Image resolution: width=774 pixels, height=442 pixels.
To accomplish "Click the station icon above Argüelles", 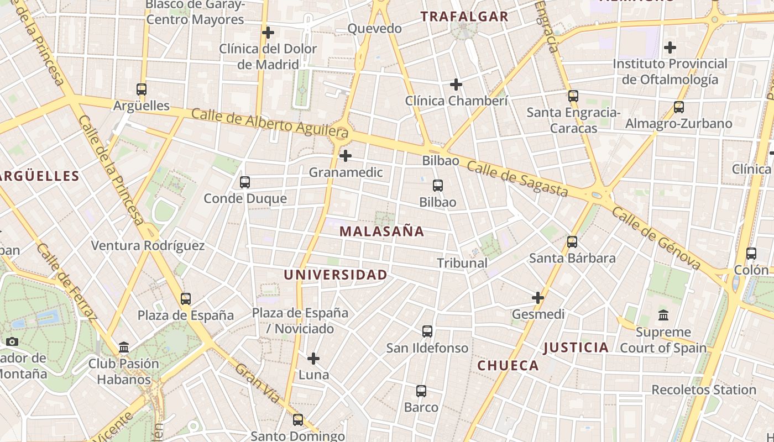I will pos(142,89).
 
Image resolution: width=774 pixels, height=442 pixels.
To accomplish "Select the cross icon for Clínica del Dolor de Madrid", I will pos(268,33).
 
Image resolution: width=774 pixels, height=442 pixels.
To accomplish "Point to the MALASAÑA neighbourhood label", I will pos(381,231).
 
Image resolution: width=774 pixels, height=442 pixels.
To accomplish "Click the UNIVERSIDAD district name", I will pos(336,275).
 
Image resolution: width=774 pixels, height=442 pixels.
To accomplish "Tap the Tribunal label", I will pos(462,263).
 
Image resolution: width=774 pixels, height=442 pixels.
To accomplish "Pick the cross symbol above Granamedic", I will pos(346,156).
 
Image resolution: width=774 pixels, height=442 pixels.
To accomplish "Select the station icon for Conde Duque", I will pos(244,182).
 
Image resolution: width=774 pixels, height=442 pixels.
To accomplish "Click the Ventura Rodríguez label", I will pos(148,245).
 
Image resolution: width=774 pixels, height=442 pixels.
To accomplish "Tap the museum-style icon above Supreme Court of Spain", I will pos(663,315).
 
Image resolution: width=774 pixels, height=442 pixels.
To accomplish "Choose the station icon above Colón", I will pos(751,254).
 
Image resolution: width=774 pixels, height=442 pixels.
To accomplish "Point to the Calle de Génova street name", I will pos(657,238).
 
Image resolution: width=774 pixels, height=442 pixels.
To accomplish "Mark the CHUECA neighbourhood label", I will pos(508,365).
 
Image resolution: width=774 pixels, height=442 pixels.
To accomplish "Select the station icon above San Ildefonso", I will pos(427,331).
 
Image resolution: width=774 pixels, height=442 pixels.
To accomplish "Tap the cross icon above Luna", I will pos(313,359).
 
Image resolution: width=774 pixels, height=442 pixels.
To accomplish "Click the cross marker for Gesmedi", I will pos(538,298).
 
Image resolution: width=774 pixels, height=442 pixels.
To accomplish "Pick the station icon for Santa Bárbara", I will pos(572,241).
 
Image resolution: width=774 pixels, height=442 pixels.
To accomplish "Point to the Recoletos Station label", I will pos(704,390).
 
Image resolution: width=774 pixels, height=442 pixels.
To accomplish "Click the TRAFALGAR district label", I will pos(464,17).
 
